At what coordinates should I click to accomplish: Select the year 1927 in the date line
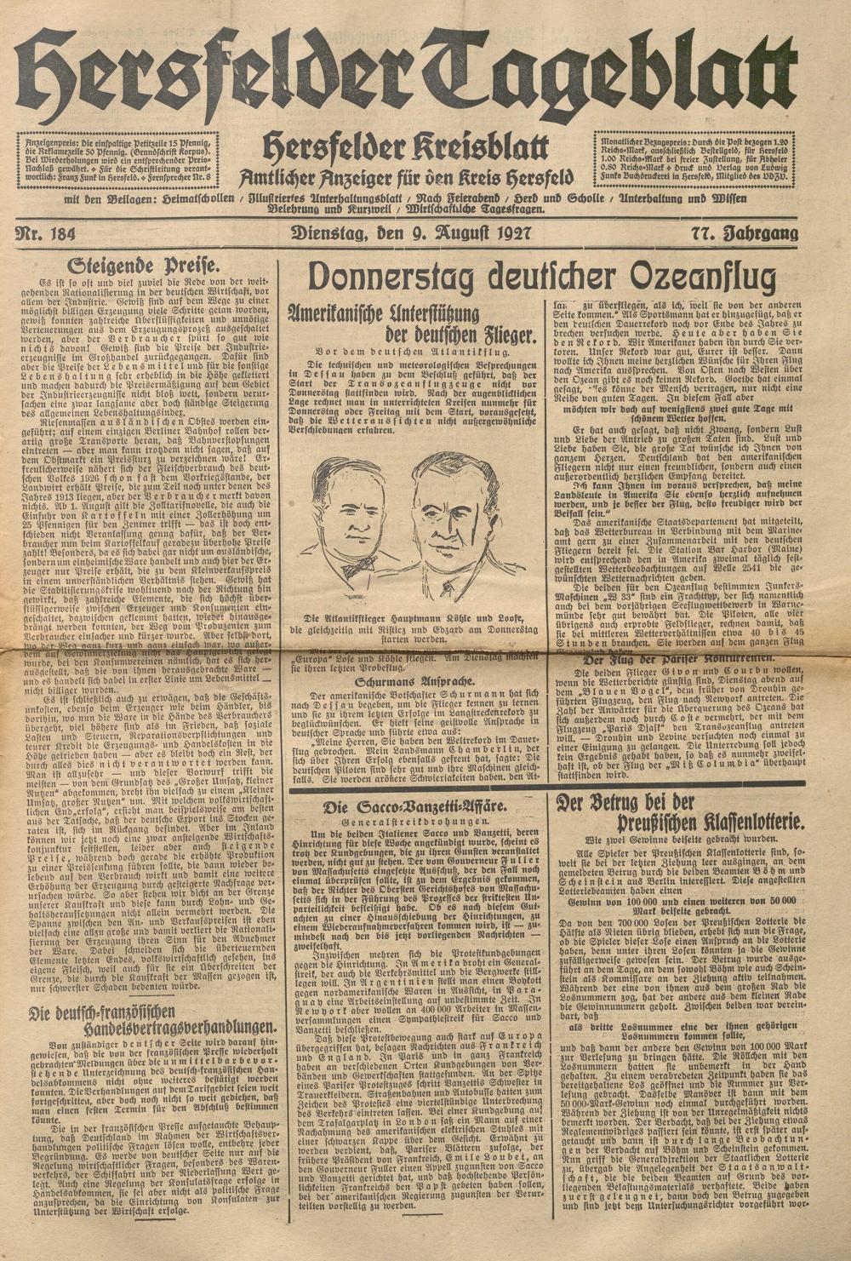click(x=508, y=232)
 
